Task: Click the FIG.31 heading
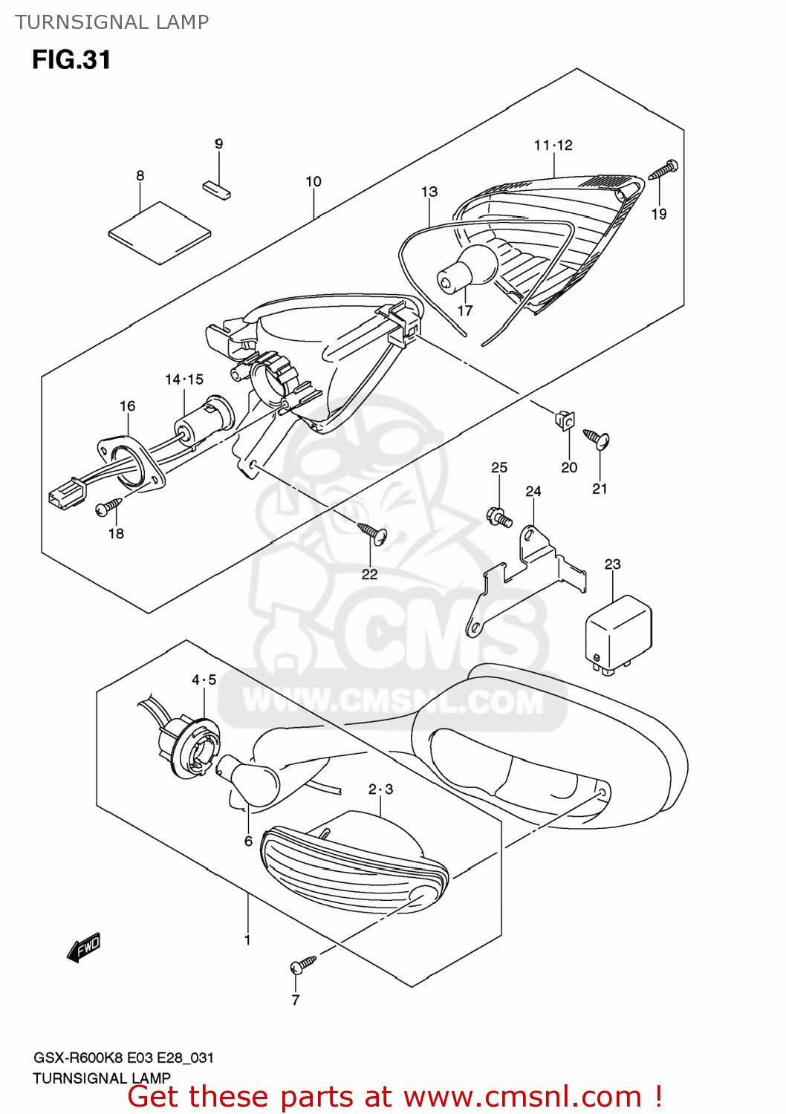coord(71,59)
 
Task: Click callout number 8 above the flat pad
coord(140,176)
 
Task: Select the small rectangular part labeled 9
coord(216,189)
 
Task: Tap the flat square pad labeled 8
coord(160,233)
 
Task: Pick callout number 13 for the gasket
coord(429,192)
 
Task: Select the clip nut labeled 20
coord(565,420)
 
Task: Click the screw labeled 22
coord(373,532)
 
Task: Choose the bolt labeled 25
coord(499,515)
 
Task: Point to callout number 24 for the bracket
coord(533,492)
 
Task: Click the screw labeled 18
coord(108,507)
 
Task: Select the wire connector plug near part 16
coord(65,493)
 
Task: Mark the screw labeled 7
coord(303,964)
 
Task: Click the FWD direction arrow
coord(83,948)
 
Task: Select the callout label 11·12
coord(553,146)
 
